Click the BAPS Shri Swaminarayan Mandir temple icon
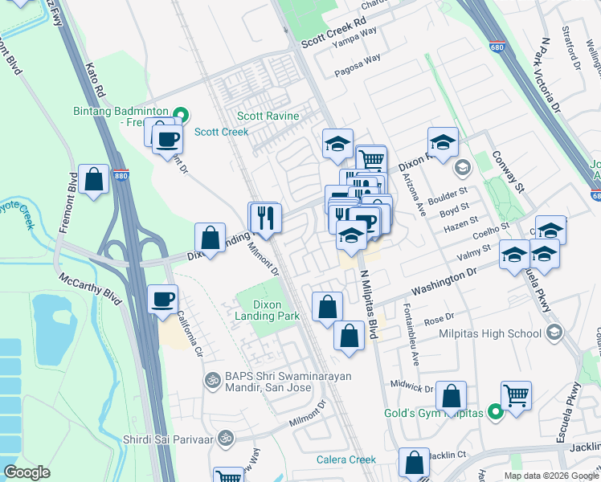click(x=213, y=378)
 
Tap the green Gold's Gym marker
click(x=496, y=413)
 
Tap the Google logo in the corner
click(x=27, y=472)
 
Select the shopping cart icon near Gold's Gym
click(x=516, y=394)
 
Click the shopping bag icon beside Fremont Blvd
click(x=94, y=180)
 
